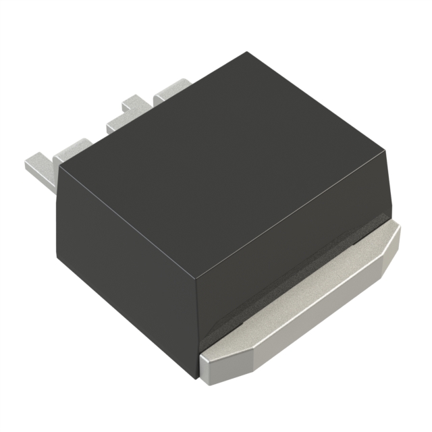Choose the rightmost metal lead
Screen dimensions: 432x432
(172, 91)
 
